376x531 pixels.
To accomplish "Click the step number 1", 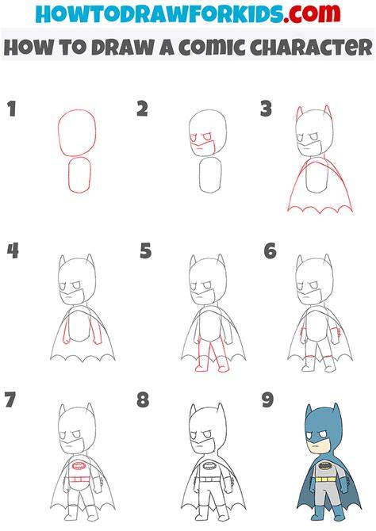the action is [12, 109].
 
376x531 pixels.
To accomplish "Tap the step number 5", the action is [146, 251].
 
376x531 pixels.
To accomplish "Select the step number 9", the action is [268, 399].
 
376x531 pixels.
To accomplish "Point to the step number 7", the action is [10, 399].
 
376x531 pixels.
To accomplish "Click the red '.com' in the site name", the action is [313, 13].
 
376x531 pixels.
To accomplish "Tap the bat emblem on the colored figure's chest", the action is [325, 466].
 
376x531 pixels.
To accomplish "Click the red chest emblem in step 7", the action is [79, 466].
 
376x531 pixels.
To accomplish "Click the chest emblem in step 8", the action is [210, 466].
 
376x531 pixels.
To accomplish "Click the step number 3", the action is [267, 109].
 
